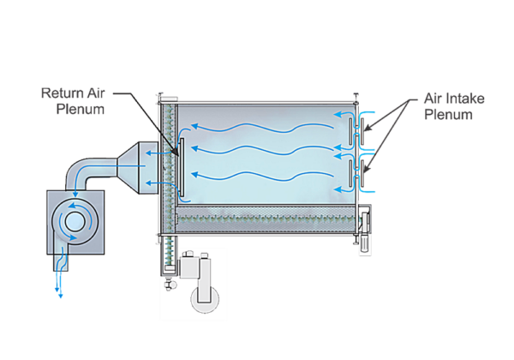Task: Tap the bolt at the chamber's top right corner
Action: point(355,93)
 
